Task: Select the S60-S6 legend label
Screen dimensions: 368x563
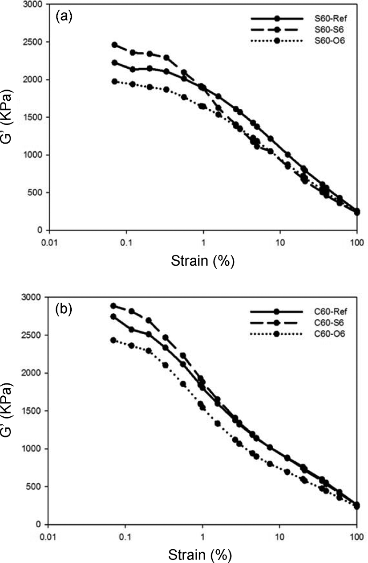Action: [x=329, y=30]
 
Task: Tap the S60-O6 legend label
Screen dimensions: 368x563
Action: [x=330, y=41]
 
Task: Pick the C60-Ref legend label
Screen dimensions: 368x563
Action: [x=331, y=312]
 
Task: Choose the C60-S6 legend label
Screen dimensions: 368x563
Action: [x=329, y=323]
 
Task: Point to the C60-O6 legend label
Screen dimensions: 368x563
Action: [x=330, y=334]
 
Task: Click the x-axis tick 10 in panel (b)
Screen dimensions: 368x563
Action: [x=279, y=537]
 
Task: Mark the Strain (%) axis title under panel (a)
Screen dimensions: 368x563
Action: [x=202, y=261]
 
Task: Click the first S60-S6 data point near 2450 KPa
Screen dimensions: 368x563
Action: [x=115, y=45]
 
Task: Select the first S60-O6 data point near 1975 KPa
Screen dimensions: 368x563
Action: [x=115, y=82]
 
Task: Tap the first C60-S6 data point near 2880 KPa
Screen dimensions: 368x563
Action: [x=113, y=306]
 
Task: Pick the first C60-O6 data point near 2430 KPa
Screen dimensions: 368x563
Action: [x=113, y=340]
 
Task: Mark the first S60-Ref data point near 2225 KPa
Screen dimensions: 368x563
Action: [x=115, y=62]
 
